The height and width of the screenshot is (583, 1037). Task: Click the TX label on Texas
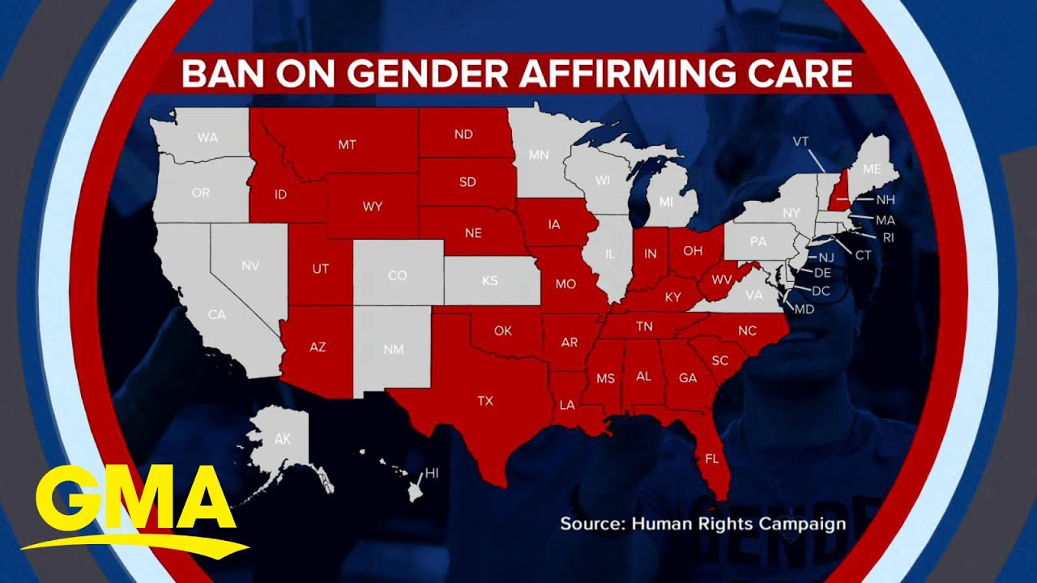click(x=484, y=400)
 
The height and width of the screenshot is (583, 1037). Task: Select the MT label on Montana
click(x=347, y=145)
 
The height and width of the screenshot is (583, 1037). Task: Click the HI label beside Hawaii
click(x=432, y=473)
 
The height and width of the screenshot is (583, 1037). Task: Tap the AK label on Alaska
click(x=282, y=440)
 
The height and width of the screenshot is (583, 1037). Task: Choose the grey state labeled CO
click(x=397, y=275)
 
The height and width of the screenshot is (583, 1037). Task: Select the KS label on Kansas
click(x=490, y=281)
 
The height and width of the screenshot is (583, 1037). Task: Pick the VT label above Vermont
click(x=800, y=141)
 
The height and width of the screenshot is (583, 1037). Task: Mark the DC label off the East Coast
click(x=821, y=290)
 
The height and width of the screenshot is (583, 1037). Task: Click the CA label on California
click(x=216, y=314)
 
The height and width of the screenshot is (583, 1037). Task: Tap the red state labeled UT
click(x=320, y=268)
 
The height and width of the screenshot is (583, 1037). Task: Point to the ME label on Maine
click(x=872, y=169)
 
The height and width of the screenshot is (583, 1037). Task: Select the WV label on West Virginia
click(x=721, y=280)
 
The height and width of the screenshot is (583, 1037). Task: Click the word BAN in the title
click(x=213, y=73)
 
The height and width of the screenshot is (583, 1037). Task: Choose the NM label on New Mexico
click(x=393, y=349)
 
